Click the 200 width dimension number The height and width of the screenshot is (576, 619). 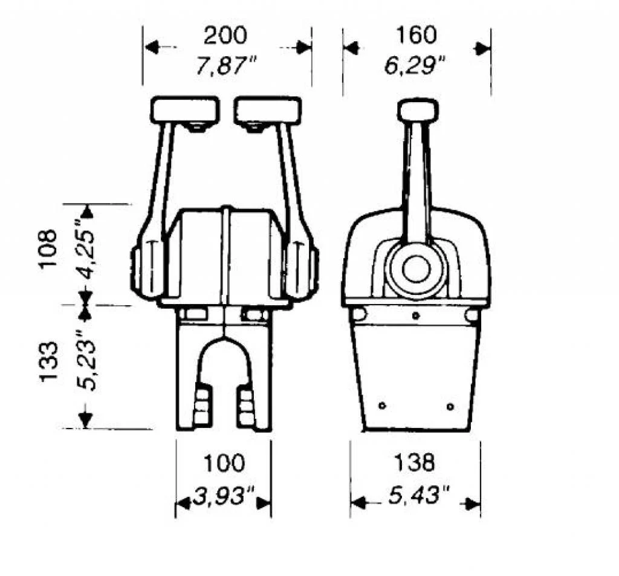tap(225, 36)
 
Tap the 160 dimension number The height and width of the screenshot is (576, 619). tap(416, 36)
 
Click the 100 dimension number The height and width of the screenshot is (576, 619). tap(223, 464)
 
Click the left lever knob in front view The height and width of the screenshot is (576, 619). tap(185, 110)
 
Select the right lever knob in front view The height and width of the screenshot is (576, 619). tap(268, 110)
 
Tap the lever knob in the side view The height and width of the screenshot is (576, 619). tap(417, 111)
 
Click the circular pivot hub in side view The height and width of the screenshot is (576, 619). tap(416, 269)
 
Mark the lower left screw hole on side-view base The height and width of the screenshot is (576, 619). tap(382, 406)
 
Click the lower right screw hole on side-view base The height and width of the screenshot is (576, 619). tap(450, 406)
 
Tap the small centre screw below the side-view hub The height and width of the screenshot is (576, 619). tap(415, 316)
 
